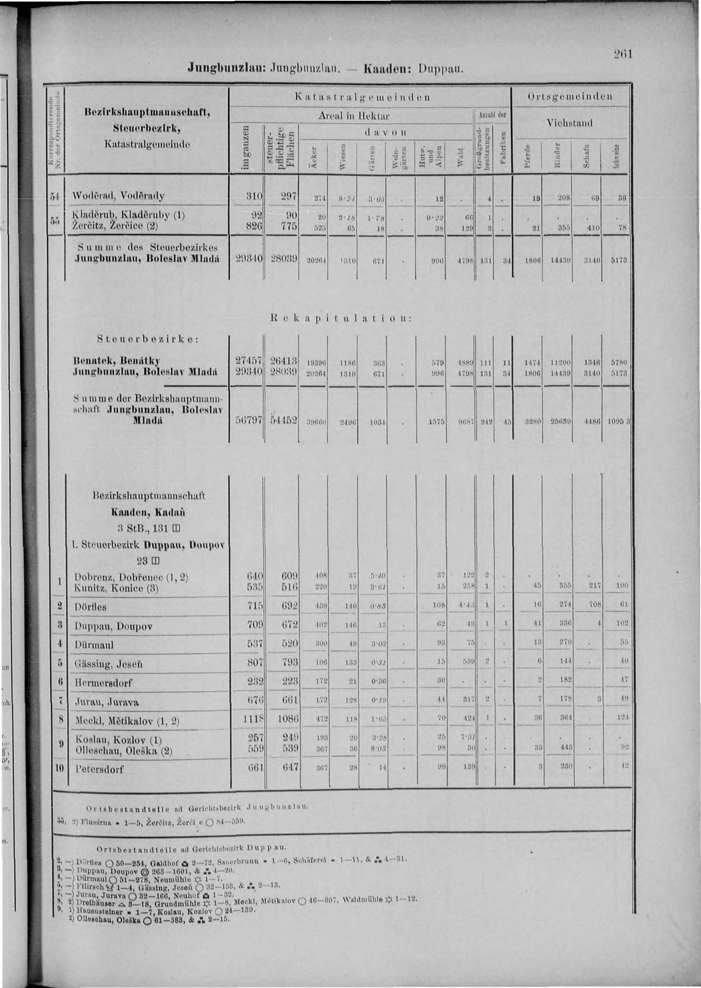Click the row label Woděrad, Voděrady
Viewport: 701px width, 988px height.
(x=119, y=196)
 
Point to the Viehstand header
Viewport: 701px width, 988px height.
(x=569, y=123)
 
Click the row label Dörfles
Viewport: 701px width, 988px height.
(x=90, y=606)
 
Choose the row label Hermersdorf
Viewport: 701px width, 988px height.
(x=103, y=683)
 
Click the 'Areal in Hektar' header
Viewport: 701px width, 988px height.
(x=354, y=116)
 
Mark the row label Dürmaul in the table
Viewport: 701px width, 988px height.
(x=94, y=645)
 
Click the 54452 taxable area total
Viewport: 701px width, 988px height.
(x=283, y=420)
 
